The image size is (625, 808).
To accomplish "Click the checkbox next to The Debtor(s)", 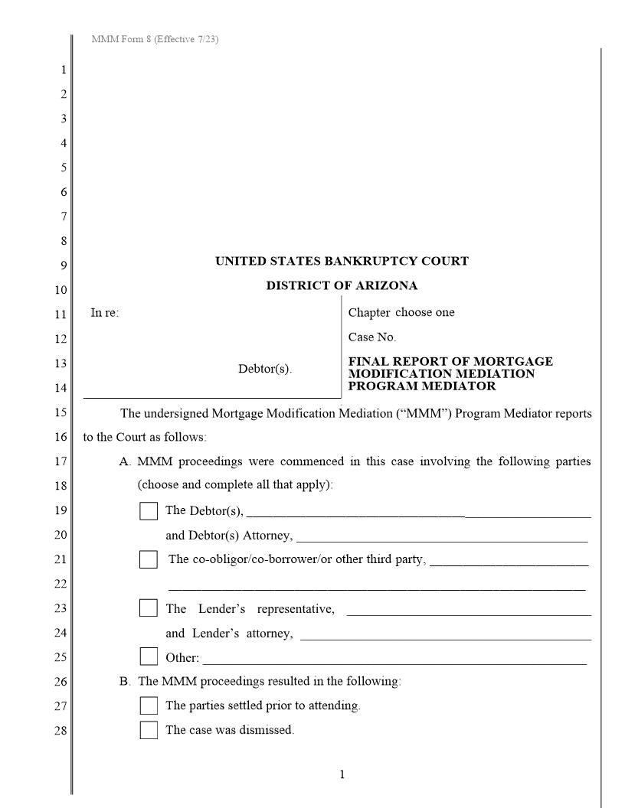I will (x=149, y=511).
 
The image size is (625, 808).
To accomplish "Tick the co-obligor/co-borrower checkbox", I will (x=149, y=559).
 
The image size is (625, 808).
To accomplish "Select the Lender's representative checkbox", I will (x=149, y=609).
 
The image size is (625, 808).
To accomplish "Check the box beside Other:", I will (x=149, y=657).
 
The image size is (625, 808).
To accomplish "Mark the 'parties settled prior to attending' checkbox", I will (x=149, y=705).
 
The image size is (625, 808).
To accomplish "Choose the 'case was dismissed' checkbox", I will (x=149, y=730).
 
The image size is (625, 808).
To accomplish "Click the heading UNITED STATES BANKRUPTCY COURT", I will (x=342, y=261).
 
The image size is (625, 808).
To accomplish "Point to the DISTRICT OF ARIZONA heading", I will (x=342, y=285).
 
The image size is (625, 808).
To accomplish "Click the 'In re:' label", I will (x=105, y=312).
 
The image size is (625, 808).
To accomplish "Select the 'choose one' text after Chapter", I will (x=425, y=312).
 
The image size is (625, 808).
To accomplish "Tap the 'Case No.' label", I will (x=372, y=337).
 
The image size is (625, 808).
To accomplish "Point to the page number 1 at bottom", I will (x=342, y=775).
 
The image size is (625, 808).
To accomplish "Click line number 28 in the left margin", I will (x=61, y=731).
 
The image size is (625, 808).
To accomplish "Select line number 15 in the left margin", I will (x=61, y=413).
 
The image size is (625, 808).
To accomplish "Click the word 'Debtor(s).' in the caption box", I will (x=265, y=369).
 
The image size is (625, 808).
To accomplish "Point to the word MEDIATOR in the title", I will (x=462, y=386).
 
